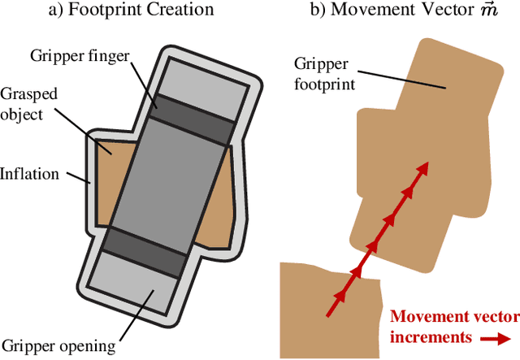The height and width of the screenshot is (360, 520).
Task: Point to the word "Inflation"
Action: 31,173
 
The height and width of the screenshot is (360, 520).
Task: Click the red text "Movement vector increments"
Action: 445,327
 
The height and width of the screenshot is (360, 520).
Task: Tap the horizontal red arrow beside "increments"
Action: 496,336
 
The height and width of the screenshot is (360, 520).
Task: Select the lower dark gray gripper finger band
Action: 146,252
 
